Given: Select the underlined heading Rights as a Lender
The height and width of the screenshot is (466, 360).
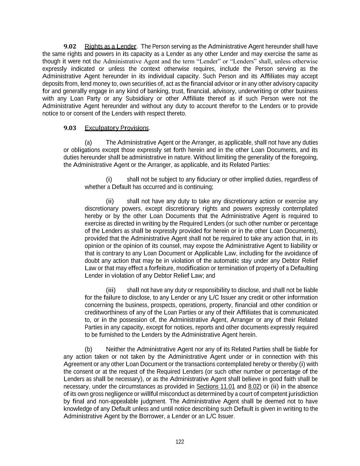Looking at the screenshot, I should (x=110, y=46).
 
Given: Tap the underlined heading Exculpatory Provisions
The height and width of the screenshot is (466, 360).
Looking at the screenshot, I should (x=117, y=128).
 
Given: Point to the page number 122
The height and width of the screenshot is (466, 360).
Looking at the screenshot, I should (x=180, y=442).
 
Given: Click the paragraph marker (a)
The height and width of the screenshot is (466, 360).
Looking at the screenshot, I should (x=88, y=142).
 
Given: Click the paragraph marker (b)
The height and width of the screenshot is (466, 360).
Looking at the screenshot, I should (x=88, y=349).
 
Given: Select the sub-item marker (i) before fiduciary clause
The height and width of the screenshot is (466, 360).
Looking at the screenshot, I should (x=109, y=180).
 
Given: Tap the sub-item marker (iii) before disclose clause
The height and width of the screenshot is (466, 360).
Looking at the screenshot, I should (x=111, y=290).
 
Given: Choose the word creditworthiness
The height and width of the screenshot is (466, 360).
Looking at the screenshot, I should (x=105, y=312).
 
